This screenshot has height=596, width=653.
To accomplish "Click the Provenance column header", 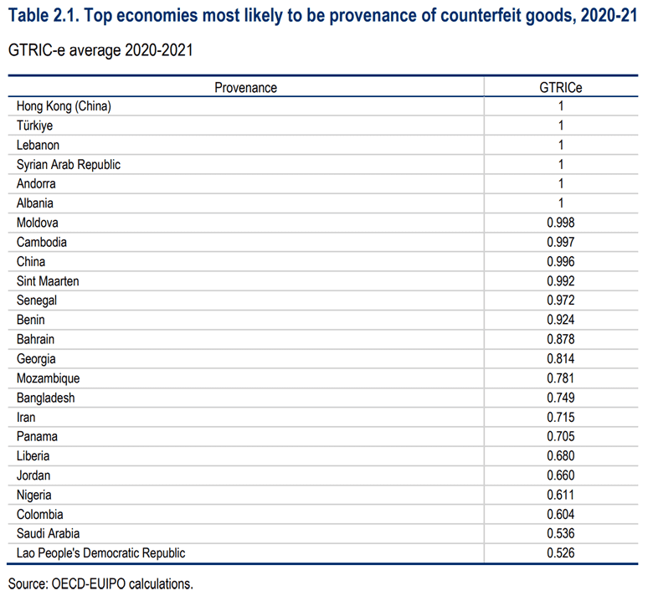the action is [x=245, y=88].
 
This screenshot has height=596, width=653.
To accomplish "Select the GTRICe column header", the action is [x=561, y=88].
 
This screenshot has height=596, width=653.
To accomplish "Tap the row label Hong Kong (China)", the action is [x=64, y=106].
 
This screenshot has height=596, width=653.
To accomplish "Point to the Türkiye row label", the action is [x=34, y=126].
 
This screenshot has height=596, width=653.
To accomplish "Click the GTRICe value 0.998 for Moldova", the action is [x=561, y=223].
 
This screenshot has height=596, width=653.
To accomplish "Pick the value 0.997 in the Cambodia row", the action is [x=561, y=242].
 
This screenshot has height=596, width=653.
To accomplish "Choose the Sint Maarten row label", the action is [x=48, y=281].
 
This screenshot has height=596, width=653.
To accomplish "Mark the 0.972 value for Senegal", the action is [x=561, y=301].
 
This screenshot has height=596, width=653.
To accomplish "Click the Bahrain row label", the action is [x=35, y=340].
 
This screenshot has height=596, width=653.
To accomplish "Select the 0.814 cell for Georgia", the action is [x=561, y=358].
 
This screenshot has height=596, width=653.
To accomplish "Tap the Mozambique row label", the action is [x=48, y=378].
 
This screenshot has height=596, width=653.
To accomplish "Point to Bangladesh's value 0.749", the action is [x=561, y=398].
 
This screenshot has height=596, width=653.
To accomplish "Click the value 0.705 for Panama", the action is [x=561, y=436].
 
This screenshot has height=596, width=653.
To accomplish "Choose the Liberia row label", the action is [x=33, y=456].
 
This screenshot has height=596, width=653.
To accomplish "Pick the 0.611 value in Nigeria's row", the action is [x=561, y=495].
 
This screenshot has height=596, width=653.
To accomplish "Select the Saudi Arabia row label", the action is [x=48, y=533].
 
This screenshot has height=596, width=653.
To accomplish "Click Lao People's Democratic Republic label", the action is [x=100, y=553].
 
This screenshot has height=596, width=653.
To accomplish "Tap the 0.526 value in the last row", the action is [x=561, y=553].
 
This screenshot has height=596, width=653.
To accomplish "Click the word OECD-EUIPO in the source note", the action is [x=88, y=584].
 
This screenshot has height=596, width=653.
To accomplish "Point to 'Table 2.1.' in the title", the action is [x=44, y=16].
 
